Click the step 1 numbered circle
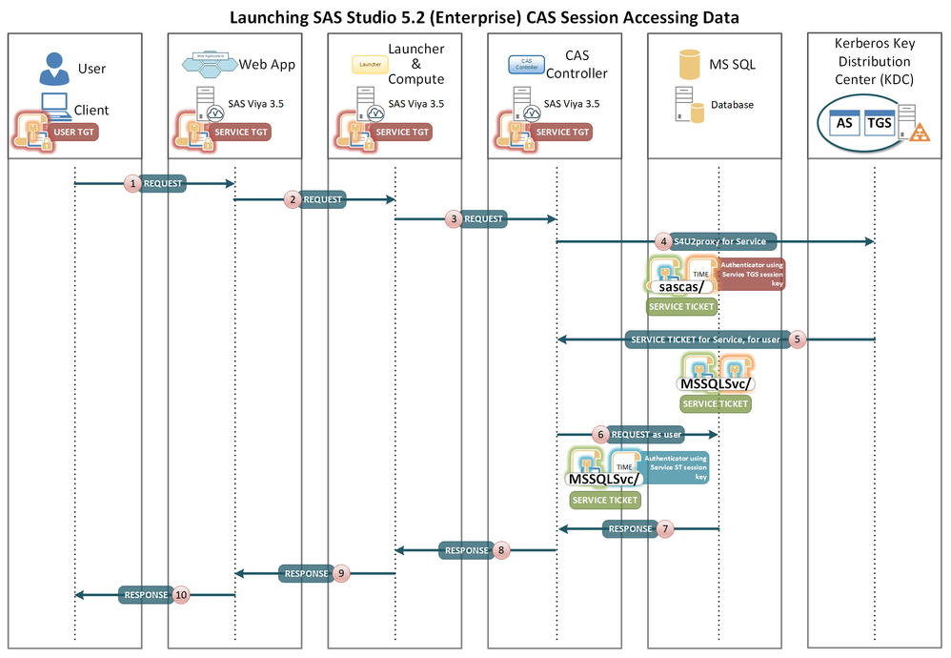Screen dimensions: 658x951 [134, 183]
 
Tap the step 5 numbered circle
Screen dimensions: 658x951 [798, 339]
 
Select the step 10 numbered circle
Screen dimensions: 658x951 [180, 595]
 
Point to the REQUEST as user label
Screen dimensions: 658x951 [647, 434]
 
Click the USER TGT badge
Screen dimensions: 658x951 [76, 132]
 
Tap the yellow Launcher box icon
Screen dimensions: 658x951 [371, 65]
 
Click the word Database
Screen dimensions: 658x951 [731, 105]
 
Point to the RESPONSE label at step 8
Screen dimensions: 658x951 [465, 550]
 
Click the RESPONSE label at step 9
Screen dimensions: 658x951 [305, 574]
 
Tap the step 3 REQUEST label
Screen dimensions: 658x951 [484, 218]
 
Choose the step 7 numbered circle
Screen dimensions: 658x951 [666, 527]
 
